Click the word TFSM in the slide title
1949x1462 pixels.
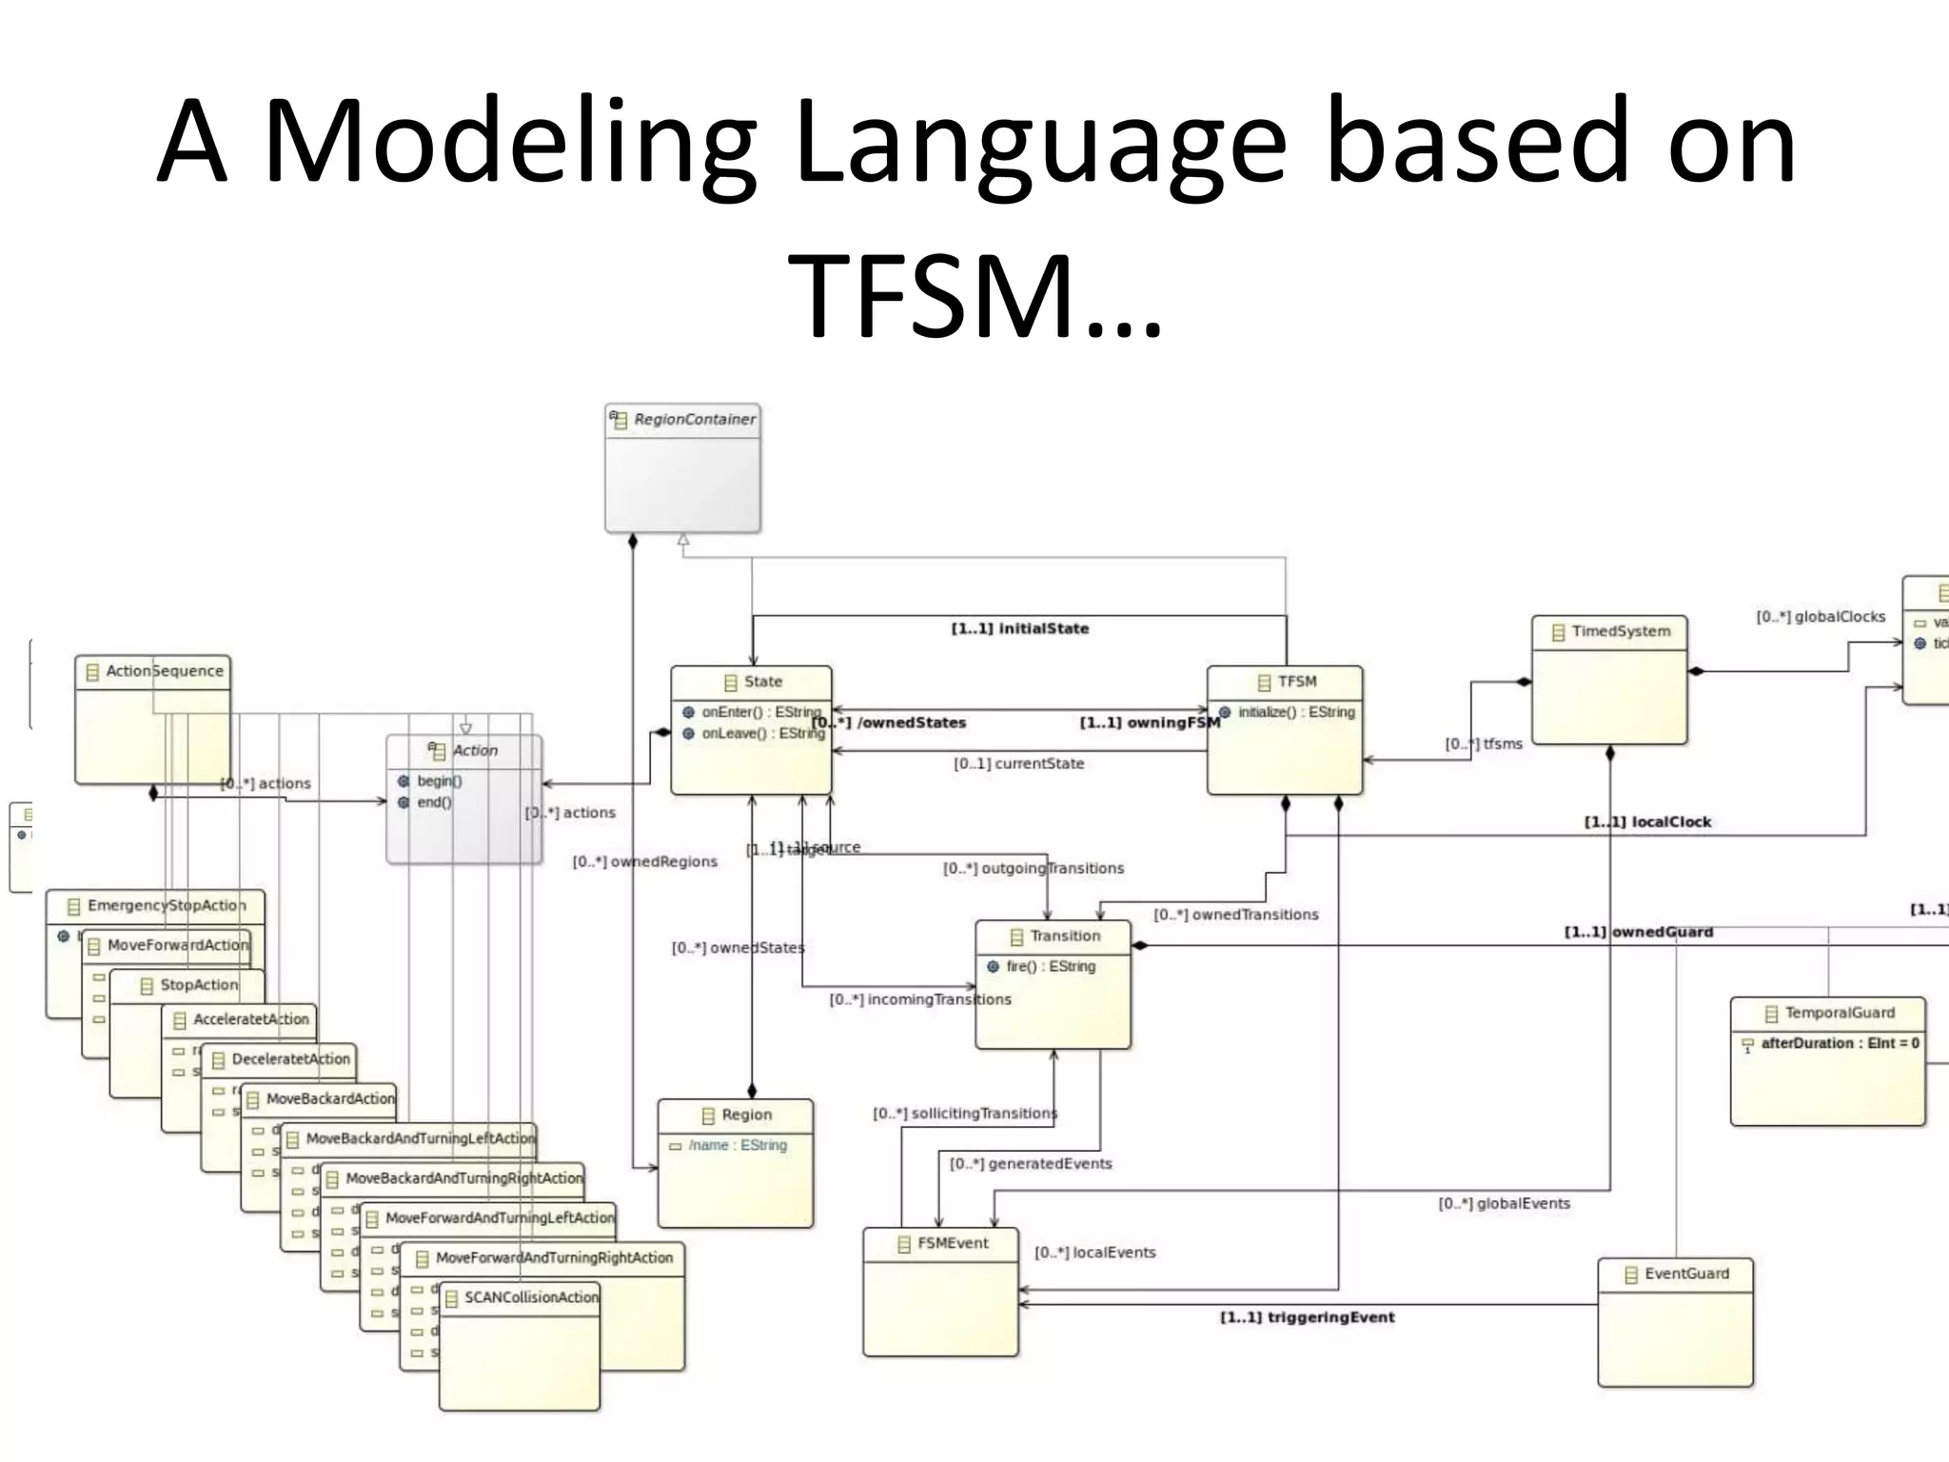[x=975, y=295]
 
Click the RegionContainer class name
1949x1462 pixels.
[x=694, y=420]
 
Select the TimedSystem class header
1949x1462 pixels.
[x=1620, y=631]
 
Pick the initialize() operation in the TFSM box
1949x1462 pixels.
[x=1295, y=712]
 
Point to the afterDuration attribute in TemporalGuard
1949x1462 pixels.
[x=1839, y=1043]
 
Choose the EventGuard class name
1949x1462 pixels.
[x=1685, y=1274]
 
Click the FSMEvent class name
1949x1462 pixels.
[x=953, y=1243]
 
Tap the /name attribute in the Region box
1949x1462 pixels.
[x=738, y=1145]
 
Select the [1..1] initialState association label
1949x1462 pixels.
[x=1019, y=628]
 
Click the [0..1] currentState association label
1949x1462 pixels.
[x=1018, y=763]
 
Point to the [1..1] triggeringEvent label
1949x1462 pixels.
[x=1307, y=1317]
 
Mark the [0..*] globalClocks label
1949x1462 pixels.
[x=1820, y=617]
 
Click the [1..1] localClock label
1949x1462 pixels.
[x=1647, y=821]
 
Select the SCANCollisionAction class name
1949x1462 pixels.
[x=530, y=1297]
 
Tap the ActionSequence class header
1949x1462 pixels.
[x=164, y=671]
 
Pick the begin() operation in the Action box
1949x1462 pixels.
[x=439, y=781]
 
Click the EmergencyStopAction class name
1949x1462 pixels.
[x=166, y=905]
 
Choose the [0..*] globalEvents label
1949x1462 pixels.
[x=1504, y=1204]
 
